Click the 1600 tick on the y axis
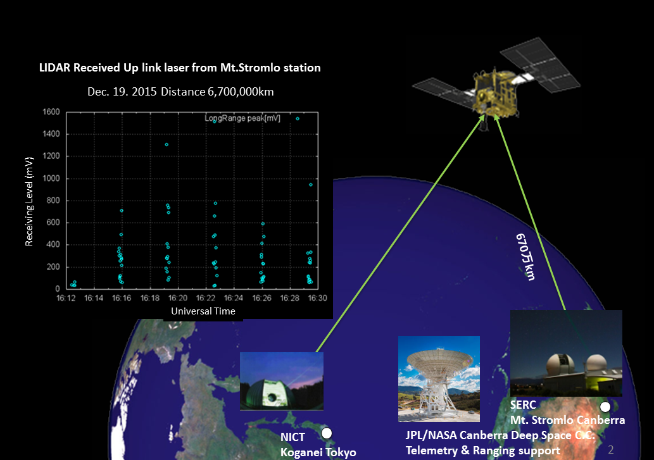click(x=51, y=111)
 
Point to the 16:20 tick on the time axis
click(x=178, y=298)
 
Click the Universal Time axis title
click(x=203, y=311)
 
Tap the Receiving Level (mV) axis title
click(x=28, y=202)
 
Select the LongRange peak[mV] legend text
click(x=242, y=118)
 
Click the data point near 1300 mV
click(x=167, y=145)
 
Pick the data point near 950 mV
click(x=311, y=185)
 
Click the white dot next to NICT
click(x=327, y=433)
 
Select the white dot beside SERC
click(x=605, y=407)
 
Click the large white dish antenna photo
click(x=439, y=379)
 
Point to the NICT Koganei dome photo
click(x=282, y=381)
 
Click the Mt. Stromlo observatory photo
click(x=566, y=353)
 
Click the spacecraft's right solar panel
click(x=541, y=65)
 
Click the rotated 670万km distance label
click(x=525, y=257)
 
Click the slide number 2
click(x=610, y=450)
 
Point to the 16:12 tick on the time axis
click(x=66, y=298)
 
